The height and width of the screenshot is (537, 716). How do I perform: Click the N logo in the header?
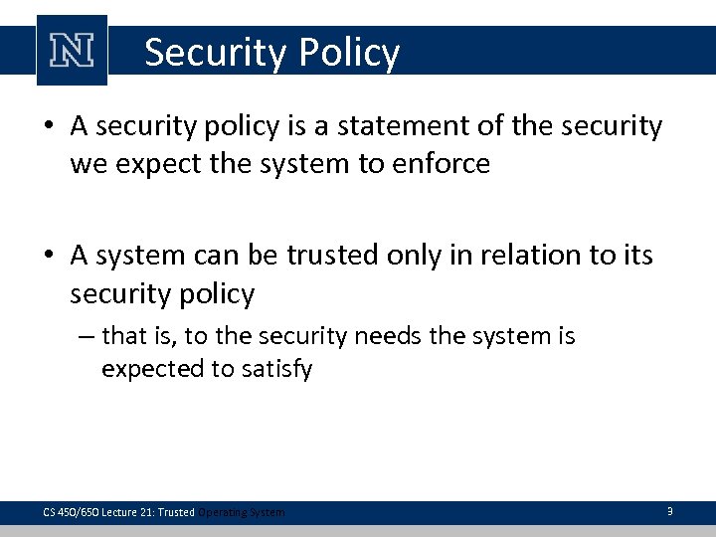pos(72,51)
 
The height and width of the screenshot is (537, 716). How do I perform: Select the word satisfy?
pos(278,369)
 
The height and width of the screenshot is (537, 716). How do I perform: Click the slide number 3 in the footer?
pos(669,511)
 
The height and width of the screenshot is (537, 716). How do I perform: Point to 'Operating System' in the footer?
pos(241,512)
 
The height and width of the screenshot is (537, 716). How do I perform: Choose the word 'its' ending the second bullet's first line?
pos(636,256)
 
